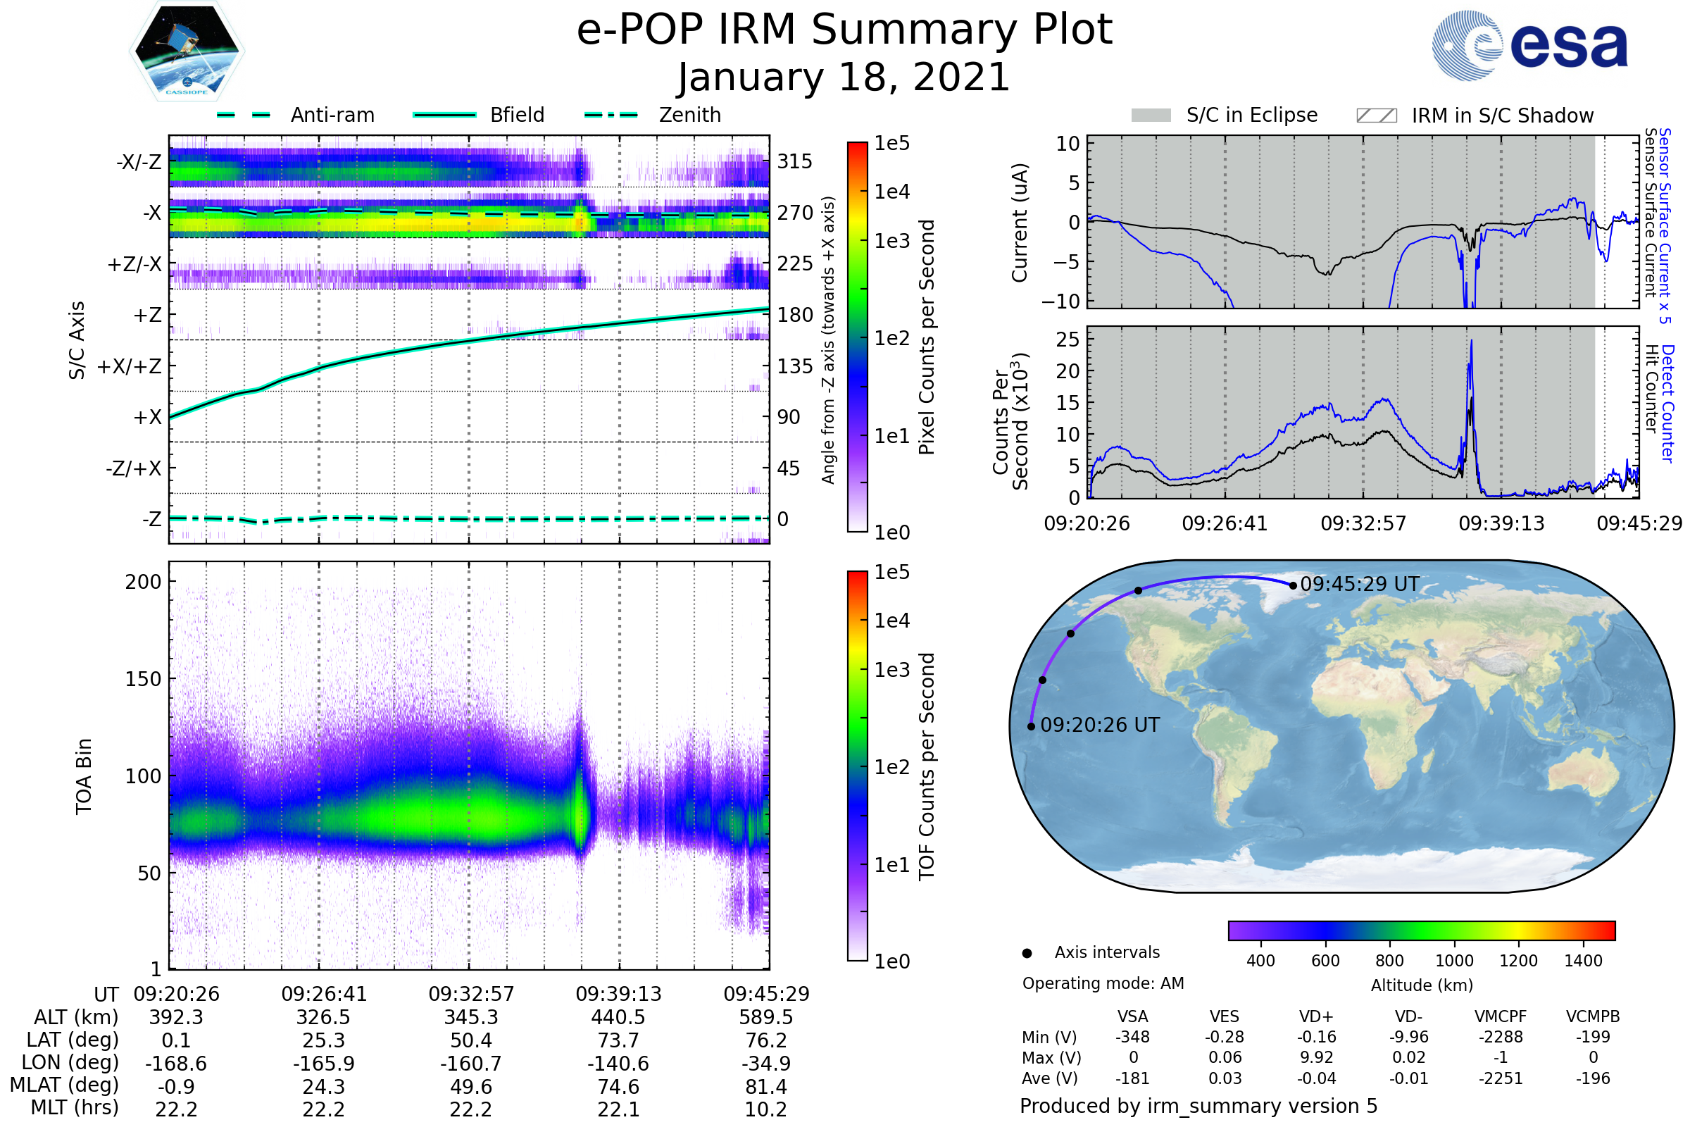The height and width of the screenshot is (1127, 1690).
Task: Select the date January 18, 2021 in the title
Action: [844, 77]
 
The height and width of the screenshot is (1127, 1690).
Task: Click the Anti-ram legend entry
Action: [332, 115]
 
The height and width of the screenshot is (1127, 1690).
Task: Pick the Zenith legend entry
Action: [689, 115]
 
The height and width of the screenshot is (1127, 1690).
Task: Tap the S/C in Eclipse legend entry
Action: [1251, 115]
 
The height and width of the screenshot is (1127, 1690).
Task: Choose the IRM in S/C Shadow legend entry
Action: [1502, 116]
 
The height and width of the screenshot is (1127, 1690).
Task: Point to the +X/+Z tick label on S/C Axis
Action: [130, 366]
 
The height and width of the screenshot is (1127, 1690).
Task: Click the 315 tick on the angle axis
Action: [794, 161]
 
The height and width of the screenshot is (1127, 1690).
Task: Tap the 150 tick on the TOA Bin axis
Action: [143, 679]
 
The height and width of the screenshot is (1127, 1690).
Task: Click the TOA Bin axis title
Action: [83, 776]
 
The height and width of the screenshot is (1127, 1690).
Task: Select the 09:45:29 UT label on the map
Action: [1360, 584]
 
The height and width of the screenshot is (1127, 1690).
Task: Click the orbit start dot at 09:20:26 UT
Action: [1031, 727]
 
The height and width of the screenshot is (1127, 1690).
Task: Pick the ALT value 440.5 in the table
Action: [618, 1018]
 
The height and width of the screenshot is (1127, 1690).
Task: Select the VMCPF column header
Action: [1501, 1016]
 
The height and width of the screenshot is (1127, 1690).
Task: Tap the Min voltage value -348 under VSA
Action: [1132, 1037]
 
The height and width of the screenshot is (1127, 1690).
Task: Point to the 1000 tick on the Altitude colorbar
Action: [1454, 961]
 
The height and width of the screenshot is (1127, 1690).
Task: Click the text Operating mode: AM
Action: [1103, 983]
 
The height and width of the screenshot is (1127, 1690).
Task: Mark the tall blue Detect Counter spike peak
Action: [1472, 342]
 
